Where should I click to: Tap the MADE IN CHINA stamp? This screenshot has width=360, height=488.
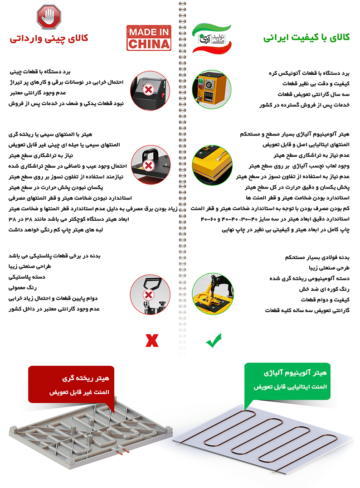[x=149, y=38]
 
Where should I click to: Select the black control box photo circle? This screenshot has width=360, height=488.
[x=148, y=90]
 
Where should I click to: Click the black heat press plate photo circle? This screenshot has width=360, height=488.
[x=148, y=165]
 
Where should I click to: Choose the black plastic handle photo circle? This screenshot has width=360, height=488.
[x=148, y=292]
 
